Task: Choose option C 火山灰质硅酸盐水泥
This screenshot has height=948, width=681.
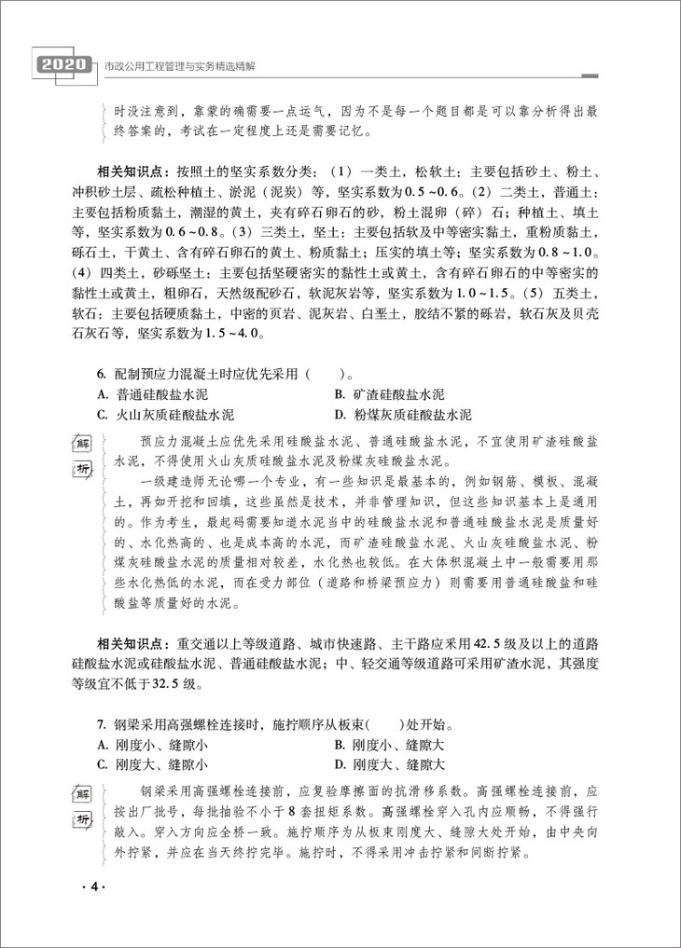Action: [x=165, y=415]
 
